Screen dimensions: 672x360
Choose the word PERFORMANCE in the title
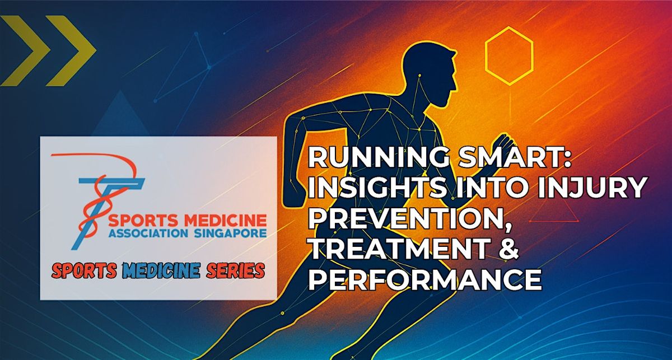[x=426, y=279]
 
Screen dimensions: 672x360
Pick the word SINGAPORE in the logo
[x=230, y=233]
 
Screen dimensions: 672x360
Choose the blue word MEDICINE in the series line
[x=161, y=271]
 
